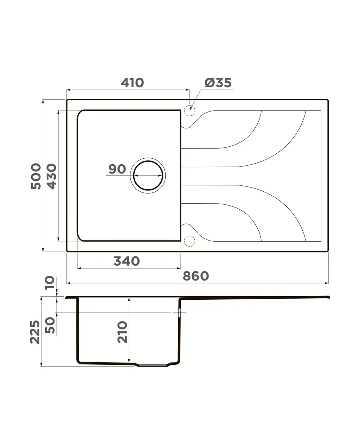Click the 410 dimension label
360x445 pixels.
132,83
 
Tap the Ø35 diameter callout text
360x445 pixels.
218,83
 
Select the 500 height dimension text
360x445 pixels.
36,176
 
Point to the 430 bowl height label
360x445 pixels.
51,176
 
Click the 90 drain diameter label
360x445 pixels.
117,169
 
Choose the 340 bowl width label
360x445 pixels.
127,261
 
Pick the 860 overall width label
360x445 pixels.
196,276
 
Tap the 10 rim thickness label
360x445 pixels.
50,283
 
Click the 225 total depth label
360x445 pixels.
35,332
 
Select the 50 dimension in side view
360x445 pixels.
50,325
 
